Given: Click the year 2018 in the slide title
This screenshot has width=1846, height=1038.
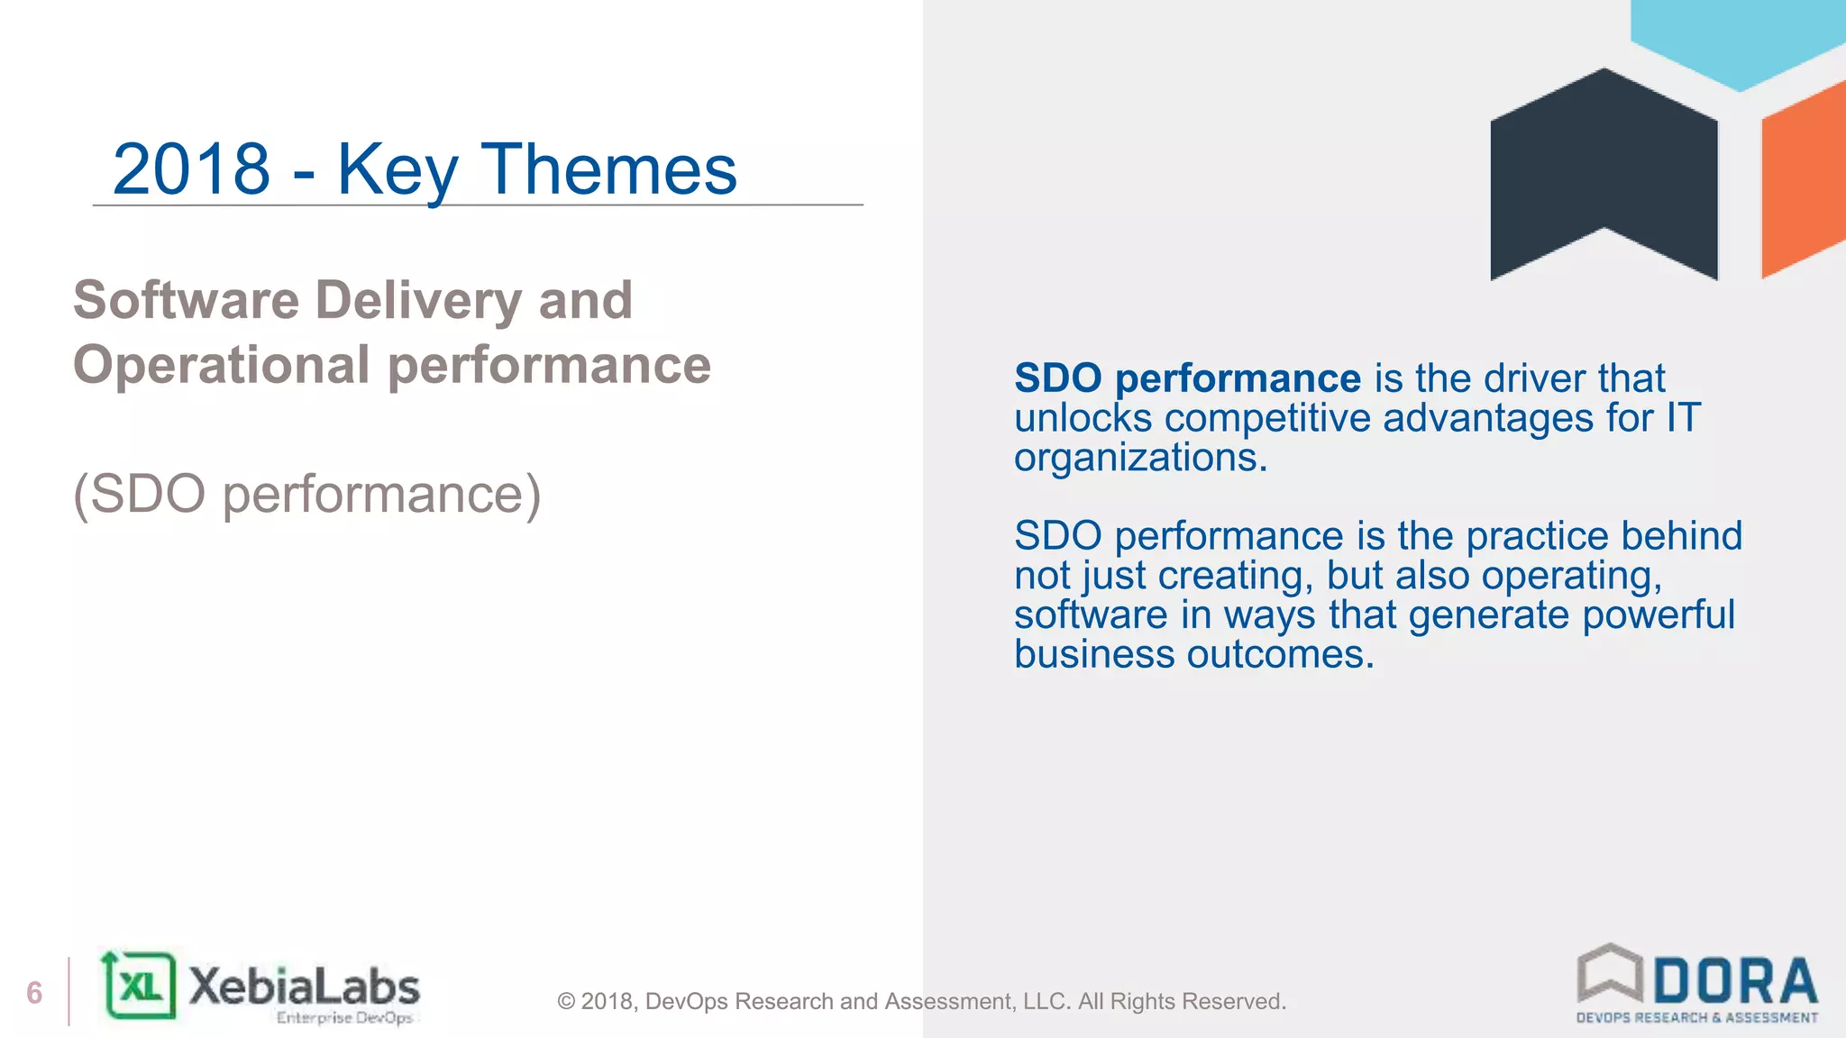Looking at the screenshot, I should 191,169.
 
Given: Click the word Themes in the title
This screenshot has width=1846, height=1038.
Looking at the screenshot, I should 609,169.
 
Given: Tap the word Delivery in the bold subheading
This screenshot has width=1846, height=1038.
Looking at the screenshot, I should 418,301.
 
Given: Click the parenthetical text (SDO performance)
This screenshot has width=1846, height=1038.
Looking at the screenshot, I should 306,494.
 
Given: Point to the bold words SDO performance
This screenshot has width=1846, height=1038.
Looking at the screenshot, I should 1186,378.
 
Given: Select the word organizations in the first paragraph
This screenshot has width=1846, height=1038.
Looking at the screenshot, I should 1139,458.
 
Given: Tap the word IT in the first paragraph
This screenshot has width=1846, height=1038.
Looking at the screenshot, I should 1682,418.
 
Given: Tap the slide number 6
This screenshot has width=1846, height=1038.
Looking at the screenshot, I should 34,993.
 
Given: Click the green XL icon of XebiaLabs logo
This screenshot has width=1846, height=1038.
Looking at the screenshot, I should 140,986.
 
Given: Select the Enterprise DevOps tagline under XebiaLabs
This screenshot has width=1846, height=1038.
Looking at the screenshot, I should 343,1018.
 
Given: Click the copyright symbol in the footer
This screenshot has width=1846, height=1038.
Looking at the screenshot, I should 566,1002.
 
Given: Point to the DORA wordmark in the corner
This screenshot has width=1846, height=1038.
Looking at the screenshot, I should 1734,981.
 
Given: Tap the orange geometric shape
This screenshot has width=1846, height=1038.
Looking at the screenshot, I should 1803,180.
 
